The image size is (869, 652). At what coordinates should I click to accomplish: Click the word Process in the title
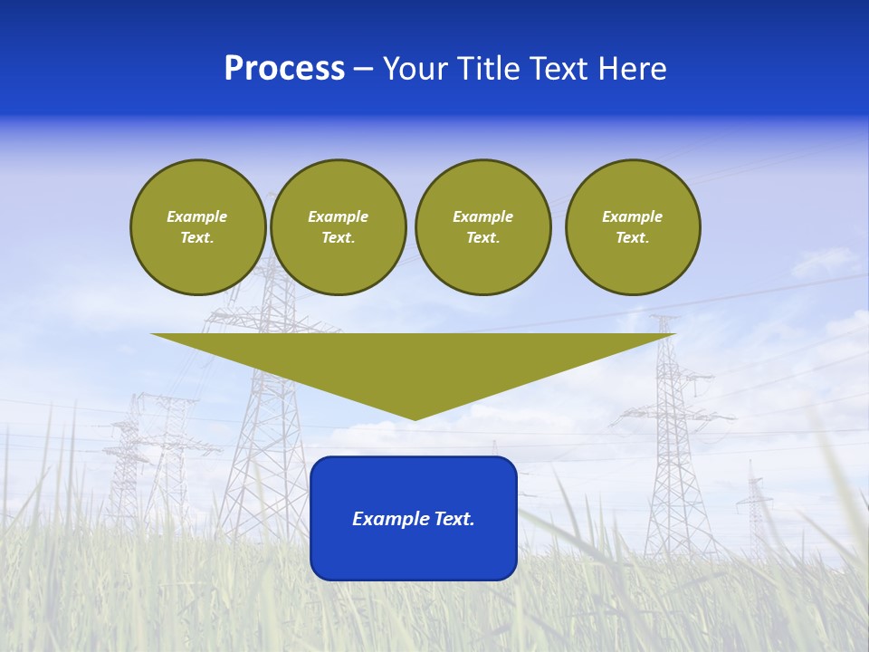point(284,69)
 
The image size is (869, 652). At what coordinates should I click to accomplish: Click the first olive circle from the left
point(197,227)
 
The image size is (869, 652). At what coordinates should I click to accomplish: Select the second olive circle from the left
point(338,227)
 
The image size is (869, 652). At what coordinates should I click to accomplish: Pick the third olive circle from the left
point(482,227)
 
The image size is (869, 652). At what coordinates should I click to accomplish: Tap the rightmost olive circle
point(632,227)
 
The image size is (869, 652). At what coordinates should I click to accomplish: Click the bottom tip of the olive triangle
point(415,418)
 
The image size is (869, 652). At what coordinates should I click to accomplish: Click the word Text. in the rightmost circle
point(632,238)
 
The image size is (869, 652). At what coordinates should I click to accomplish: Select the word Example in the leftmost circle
point(197,216)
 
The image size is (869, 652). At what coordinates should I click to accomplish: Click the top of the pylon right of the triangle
point(666,319)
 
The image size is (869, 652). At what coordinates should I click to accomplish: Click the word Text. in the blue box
point(452,519)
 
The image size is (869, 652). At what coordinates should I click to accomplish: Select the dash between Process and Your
point(364,69)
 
